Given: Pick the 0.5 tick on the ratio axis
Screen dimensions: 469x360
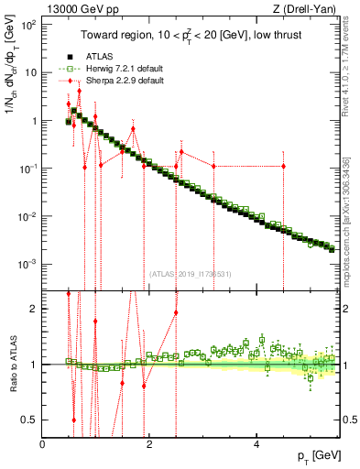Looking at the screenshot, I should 30,420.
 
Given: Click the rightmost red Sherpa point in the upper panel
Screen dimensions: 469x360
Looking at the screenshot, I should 284,166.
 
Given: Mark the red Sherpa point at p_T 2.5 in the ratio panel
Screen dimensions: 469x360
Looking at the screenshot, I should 175,311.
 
